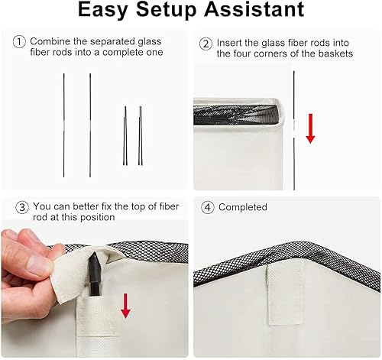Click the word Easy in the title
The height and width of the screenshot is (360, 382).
coord(115,11)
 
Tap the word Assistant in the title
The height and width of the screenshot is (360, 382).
coord(256,11)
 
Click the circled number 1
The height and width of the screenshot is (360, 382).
coord(19,41)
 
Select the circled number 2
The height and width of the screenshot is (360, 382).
coord(206,44)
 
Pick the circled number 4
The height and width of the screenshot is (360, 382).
coord(206,207)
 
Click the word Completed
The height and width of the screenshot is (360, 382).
coord(243,207)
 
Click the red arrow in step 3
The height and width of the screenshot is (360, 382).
coord(125,306)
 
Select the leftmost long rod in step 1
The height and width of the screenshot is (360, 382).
coord(64,115)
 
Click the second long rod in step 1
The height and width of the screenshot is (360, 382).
coord(90,115)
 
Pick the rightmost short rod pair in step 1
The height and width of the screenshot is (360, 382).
coord(141,136)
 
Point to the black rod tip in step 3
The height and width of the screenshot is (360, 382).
coord(95,271)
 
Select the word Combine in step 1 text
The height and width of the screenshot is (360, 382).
coord(51,41)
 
